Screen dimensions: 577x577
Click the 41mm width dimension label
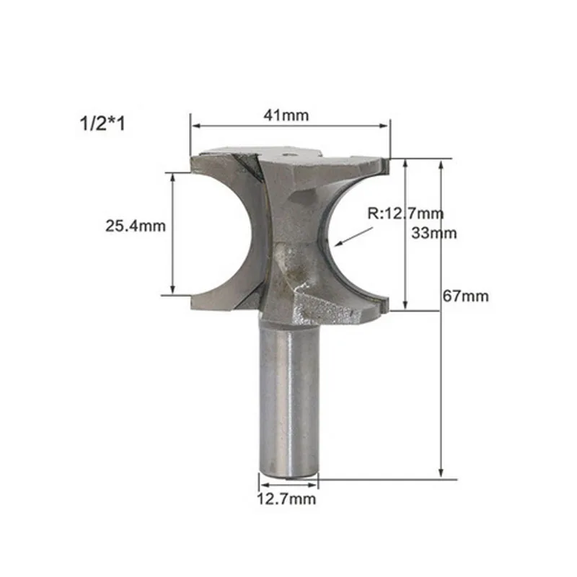pos(286,115)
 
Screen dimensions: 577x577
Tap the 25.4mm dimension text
pos(136,226)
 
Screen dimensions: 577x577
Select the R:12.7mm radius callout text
pos(405,213)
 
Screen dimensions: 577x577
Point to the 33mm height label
pos(434,233)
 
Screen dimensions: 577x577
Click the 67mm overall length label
pos(465,296)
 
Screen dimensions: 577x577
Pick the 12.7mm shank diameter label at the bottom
pos(286,499)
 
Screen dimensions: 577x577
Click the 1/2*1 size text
pos(102,123)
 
